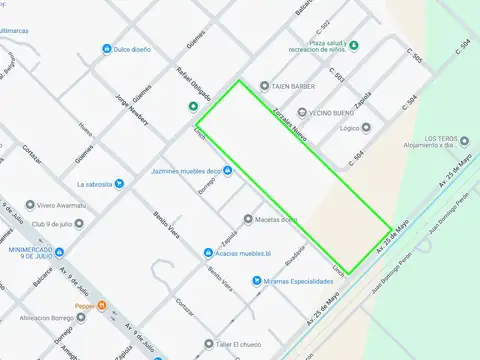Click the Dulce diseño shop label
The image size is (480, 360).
tap(135, 49)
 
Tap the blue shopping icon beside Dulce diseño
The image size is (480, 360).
tap(107, 49)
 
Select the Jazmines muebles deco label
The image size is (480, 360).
tap(184, 171)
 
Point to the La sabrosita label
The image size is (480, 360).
tap(95, 184)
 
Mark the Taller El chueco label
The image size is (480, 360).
tap(240, 344)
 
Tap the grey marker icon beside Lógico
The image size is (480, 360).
tap(367, 128)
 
